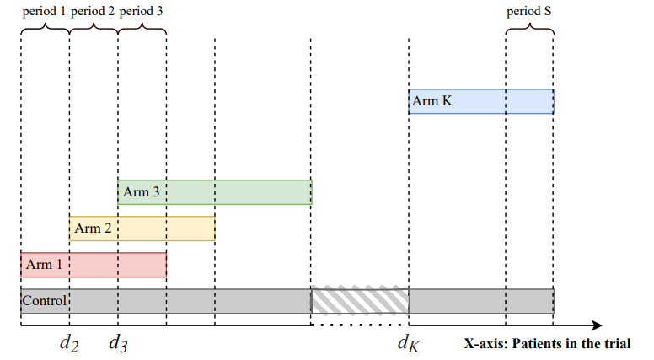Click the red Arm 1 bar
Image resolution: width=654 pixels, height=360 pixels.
pos(94,265)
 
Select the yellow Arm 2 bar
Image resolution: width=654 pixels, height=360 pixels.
pos(142,228)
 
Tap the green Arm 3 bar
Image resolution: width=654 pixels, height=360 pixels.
pos(215,192)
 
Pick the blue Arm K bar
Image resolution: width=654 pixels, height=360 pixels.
pos(481,101)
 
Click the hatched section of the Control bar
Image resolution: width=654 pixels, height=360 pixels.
pos(360,300)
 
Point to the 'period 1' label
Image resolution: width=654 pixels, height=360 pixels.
pos(45,12)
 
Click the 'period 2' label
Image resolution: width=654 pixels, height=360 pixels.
pos(94,12)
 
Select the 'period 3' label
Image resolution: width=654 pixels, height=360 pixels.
pos(142,12)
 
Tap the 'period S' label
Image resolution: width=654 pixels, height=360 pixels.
pos(529,12)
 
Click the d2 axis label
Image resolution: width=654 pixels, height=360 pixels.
pos(69,343)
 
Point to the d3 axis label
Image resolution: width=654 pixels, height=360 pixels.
pos(118,343)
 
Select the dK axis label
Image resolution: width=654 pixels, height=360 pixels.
pos(409,343)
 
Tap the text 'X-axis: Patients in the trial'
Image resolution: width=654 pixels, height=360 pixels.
pos(547,344)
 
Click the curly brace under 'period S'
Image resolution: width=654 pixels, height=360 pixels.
pos(529,27)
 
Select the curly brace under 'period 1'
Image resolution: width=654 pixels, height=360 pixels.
pos(45,27)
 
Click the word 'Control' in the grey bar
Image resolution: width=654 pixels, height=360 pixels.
pos(44,300)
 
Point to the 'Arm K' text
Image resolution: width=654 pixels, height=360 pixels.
pos(432,101)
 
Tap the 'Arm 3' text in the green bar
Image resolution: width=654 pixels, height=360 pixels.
pos(141,192)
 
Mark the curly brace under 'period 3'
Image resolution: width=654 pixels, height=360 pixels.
pos(142,27)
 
